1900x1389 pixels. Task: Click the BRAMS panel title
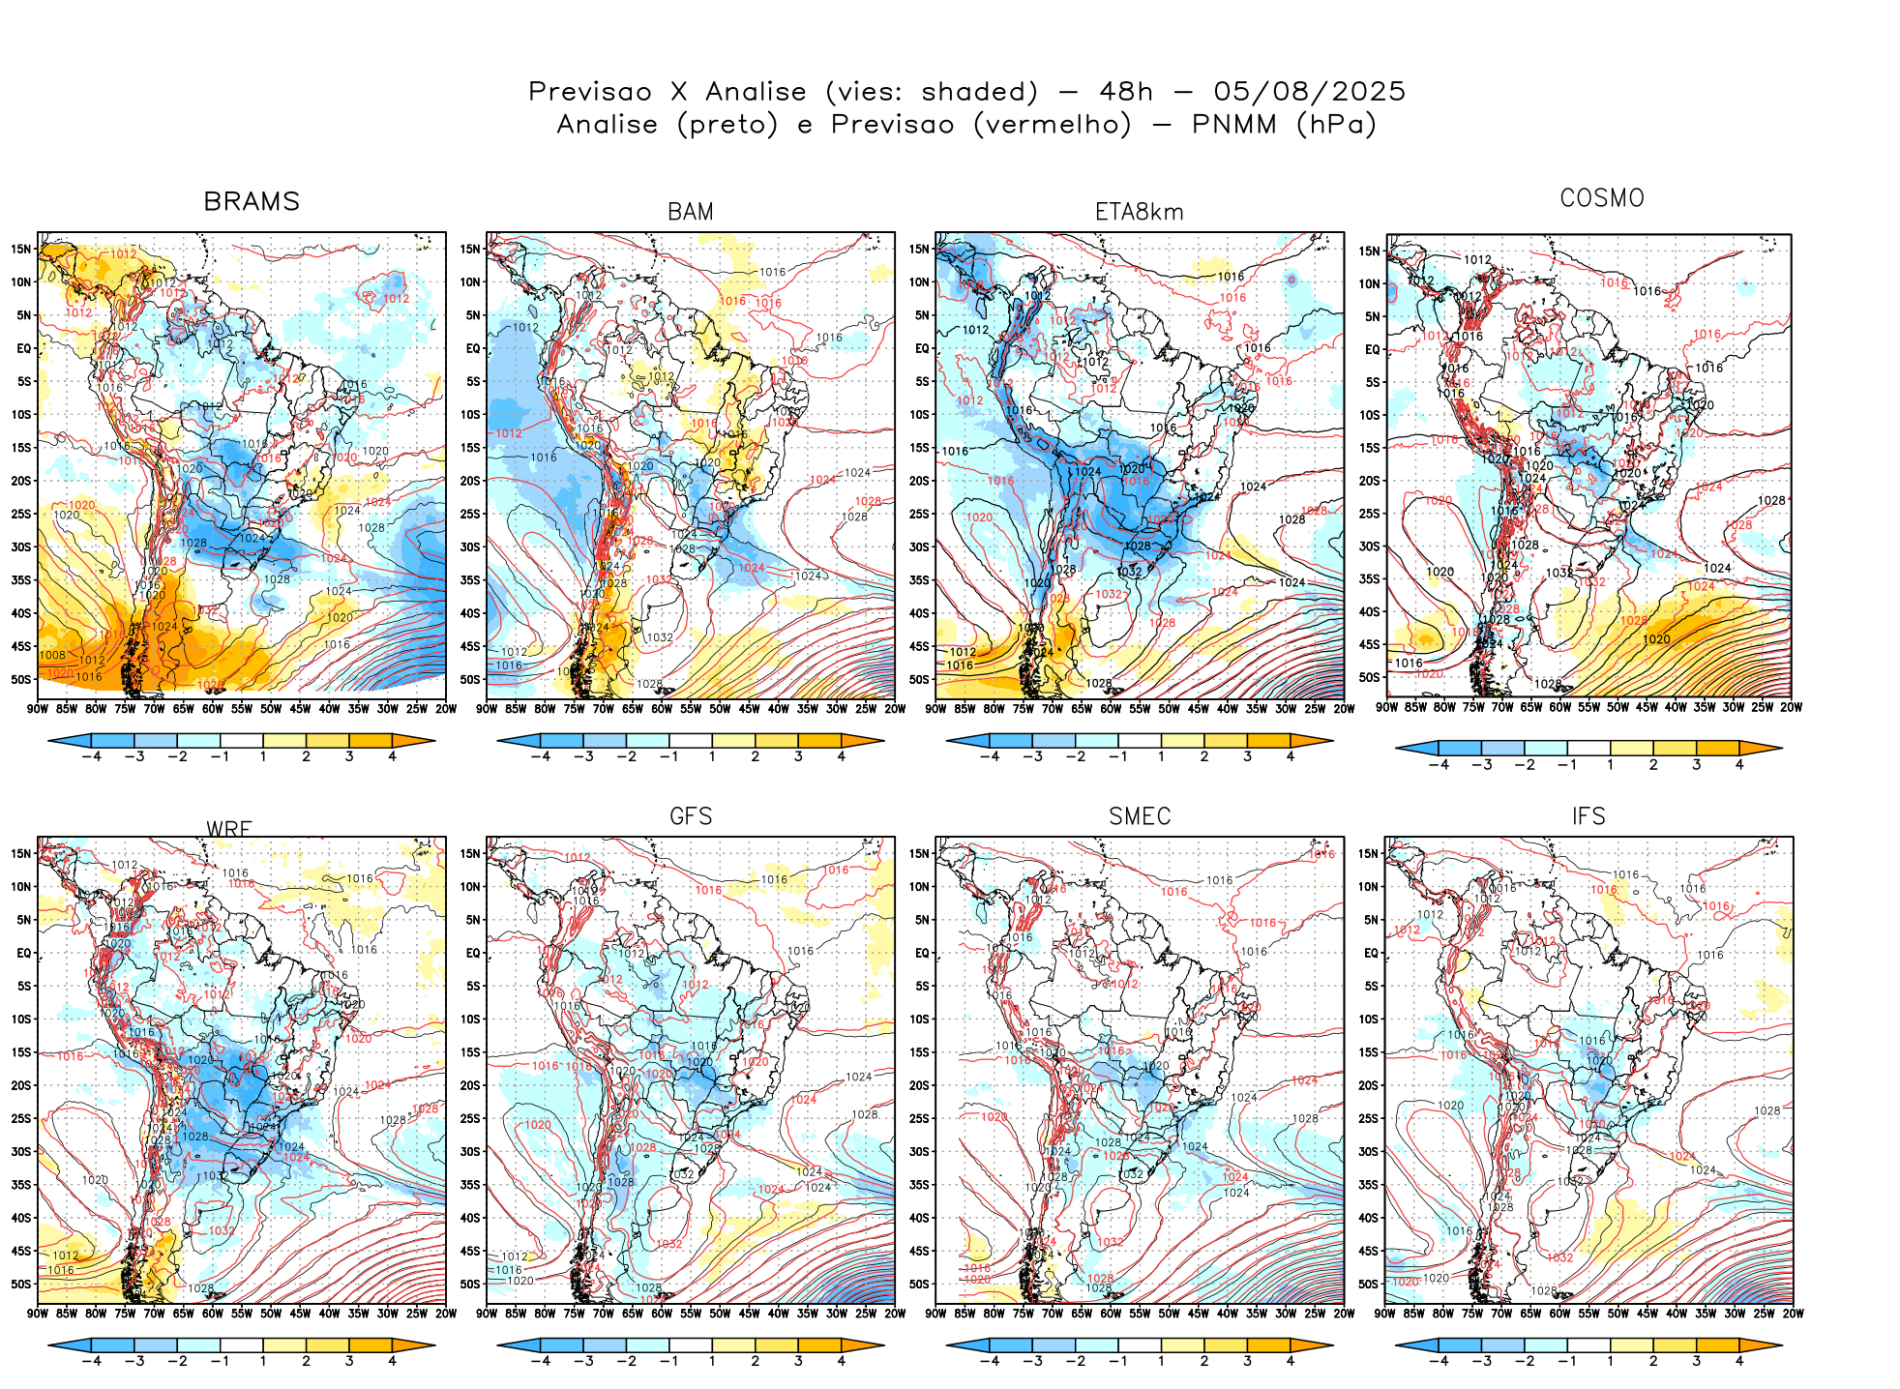click(x=252, y=201)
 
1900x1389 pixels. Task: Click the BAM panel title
click(x=691, y=212)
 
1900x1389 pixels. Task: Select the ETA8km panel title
click(x=1139, y=212)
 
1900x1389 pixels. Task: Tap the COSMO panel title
click(x=1602, y=198)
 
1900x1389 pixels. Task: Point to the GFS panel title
click(x=691, y=816)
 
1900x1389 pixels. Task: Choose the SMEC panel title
click(x=1140, y=816)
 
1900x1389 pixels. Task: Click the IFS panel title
click(x=1588, y=816)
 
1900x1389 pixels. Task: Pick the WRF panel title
click(x=229, y=829)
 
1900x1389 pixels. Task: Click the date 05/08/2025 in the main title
click(x=1309, y=92)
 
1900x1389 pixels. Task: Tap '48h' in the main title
click(x=1126, y=92)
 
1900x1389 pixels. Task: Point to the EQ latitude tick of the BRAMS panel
click(x=24, y=348)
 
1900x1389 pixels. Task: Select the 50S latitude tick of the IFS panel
click(x=1368, y=1284)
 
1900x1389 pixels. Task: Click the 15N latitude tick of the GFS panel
click(x=470, y=853)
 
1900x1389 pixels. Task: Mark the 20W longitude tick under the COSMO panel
click(x=1792, y=707)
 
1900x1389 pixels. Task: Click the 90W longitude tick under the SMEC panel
click(x=935, y=1314)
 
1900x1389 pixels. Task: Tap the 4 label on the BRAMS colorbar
click(x=392, y=756)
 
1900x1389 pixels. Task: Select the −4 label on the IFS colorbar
click(x=1439, y=1361)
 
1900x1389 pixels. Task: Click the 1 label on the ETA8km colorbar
click(x=1161, y=756)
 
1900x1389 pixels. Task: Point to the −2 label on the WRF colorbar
click(x=177, y=1361)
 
